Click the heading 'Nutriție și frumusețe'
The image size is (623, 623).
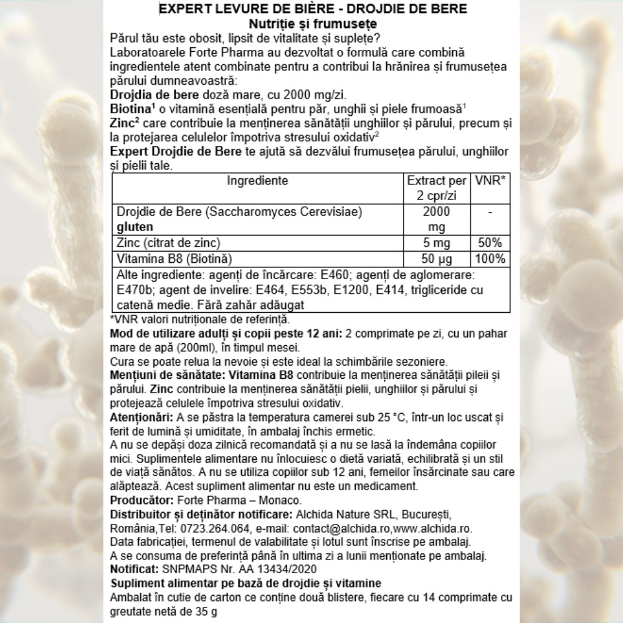click(311, 24)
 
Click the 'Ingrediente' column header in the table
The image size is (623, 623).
click(257, 181)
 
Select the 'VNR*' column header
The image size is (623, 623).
click(490, 181)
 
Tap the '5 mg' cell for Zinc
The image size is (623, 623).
click(435, 242)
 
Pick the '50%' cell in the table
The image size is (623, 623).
click(490, 242)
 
